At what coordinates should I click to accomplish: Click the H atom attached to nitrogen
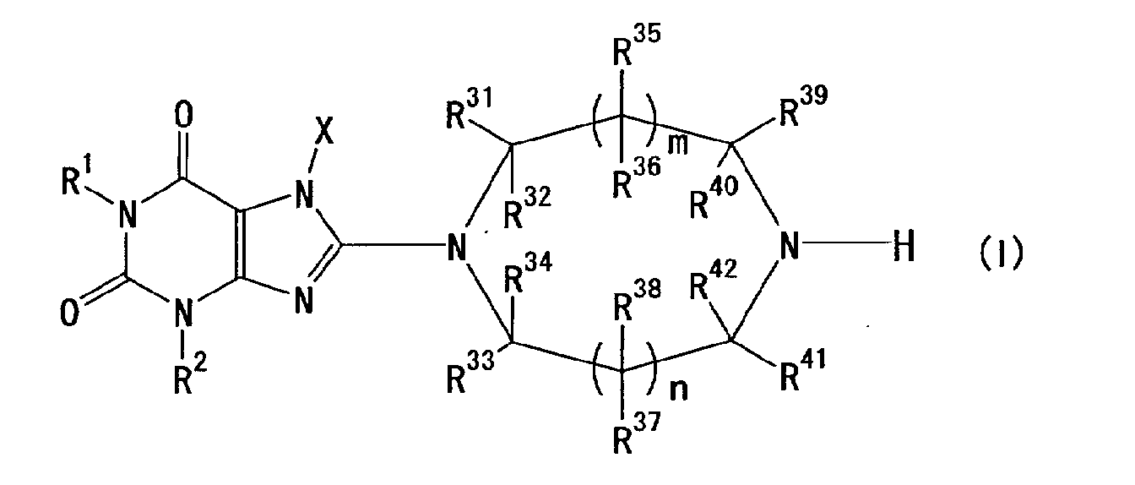click(x=903, y=249)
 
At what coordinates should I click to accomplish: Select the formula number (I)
click(x=1002, y=251)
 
